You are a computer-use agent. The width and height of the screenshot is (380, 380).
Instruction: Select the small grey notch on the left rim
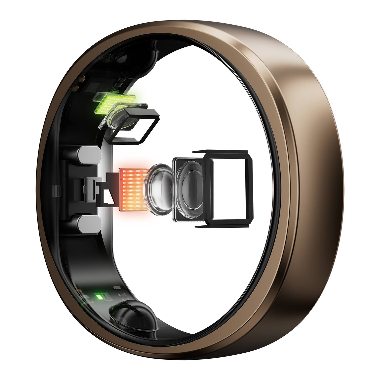point(56,191)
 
